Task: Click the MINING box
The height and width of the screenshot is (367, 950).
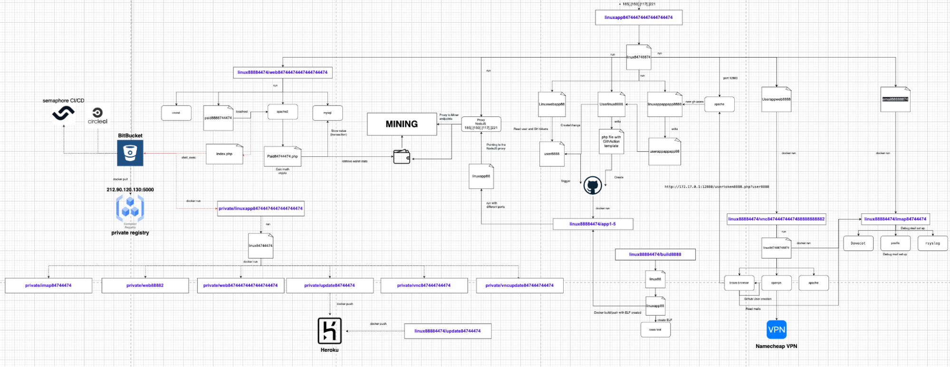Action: (402, 124)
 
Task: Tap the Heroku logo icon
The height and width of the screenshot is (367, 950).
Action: (329, 330)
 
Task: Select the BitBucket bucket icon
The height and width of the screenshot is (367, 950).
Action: (130, 153)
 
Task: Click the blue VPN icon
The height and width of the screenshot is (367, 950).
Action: (776, 329)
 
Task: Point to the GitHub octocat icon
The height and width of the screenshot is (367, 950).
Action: (593, 185)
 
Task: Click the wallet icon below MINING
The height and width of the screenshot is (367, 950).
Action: (402, 157)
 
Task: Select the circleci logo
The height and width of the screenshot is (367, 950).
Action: (97, 116)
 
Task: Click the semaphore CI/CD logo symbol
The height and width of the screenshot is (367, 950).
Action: (63, 113)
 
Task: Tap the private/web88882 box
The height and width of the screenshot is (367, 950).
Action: (145, 285)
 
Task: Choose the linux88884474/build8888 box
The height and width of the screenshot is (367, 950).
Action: (655, 254)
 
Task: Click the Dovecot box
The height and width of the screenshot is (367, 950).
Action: (858, 243)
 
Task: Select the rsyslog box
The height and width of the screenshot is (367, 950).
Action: (932, 243)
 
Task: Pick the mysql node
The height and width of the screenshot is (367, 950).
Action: (327, 113)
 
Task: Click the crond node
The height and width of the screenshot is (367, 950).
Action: (176, 113)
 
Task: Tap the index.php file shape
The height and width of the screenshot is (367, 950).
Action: (224, 154)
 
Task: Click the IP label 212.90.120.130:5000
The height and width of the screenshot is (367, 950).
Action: (130, 190)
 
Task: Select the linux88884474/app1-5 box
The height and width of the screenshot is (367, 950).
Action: (593, 224)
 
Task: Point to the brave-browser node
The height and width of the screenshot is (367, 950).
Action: (739, 283)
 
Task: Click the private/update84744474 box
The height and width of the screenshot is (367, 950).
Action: (329, 285)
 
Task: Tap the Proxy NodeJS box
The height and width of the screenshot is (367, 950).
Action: (481, 124)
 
